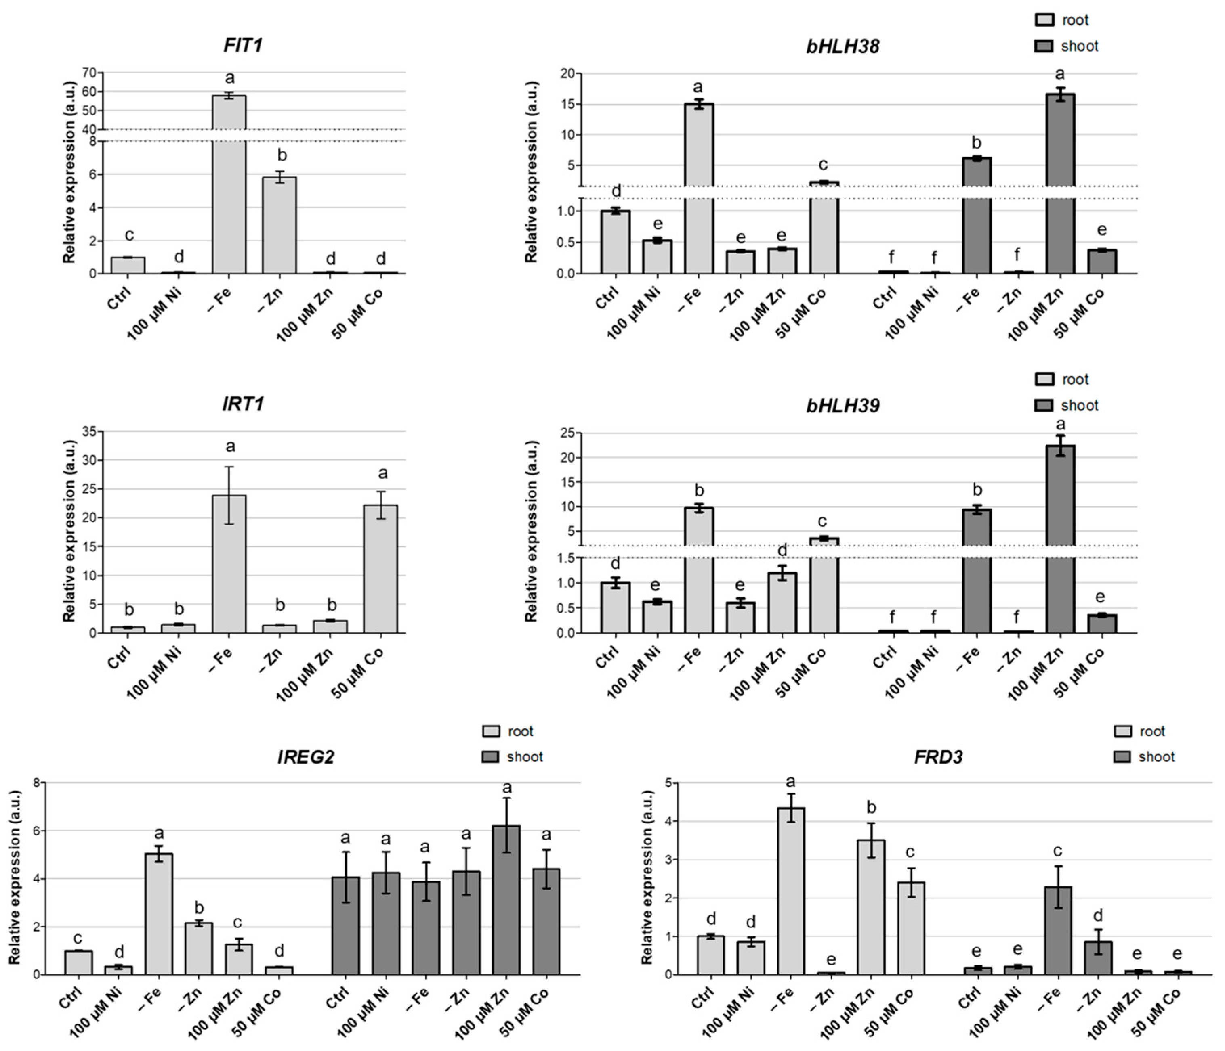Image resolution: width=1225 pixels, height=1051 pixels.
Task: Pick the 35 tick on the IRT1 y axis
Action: (89, 432)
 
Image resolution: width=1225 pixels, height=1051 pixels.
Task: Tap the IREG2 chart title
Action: (306, 757)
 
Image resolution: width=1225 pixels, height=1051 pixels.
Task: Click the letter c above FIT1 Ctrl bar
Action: (130, 236)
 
